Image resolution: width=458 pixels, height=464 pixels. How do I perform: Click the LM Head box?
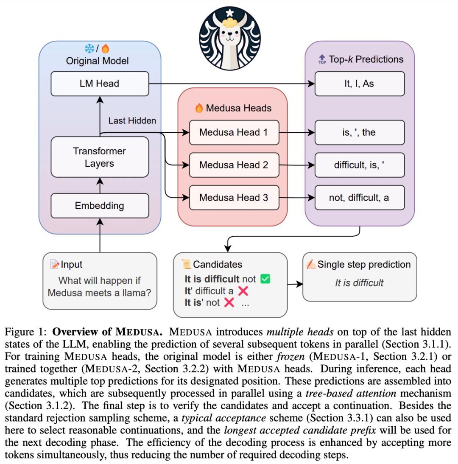click(x=100, y=84)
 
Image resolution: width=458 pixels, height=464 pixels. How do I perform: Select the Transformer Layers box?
click(x=100, y=157)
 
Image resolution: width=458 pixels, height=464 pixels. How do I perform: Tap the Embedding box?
click(x=100, y=206)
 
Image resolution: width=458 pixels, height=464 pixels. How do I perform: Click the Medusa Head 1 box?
click(x=234, y=132)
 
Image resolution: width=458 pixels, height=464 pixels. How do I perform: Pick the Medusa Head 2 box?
click(x=234, y=165)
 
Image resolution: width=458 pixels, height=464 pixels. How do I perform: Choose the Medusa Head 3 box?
click(x=234, y=197)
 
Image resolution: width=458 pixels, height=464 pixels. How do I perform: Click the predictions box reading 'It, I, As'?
click(x=359, y=84)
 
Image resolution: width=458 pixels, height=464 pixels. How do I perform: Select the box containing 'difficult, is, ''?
click(x=359, y=165)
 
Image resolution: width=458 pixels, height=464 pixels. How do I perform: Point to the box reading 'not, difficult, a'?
click(x=359, y=197)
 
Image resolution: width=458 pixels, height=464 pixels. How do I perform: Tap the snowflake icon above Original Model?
click(x=89, y=49)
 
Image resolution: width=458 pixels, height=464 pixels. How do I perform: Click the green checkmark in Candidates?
click(x=265, y=279)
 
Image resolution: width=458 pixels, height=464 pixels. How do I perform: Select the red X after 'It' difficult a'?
click(x=243, y=291)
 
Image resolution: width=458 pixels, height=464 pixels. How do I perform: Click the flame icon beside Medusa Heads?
click(x=199, y=108)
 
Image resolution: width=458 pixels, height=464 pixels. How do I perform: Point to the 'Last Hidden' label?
click(x=132, y=120)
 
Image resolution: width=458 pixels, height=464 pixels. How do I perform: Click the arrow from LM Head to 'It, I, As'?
click(x=231, y=84)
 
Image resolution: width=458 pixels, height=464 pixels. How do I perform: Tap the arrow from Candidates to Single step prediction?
click(x=295, y=284)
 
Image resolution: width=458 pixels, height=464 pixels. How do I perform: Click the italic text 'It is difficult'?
click(x=359, y=283)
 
